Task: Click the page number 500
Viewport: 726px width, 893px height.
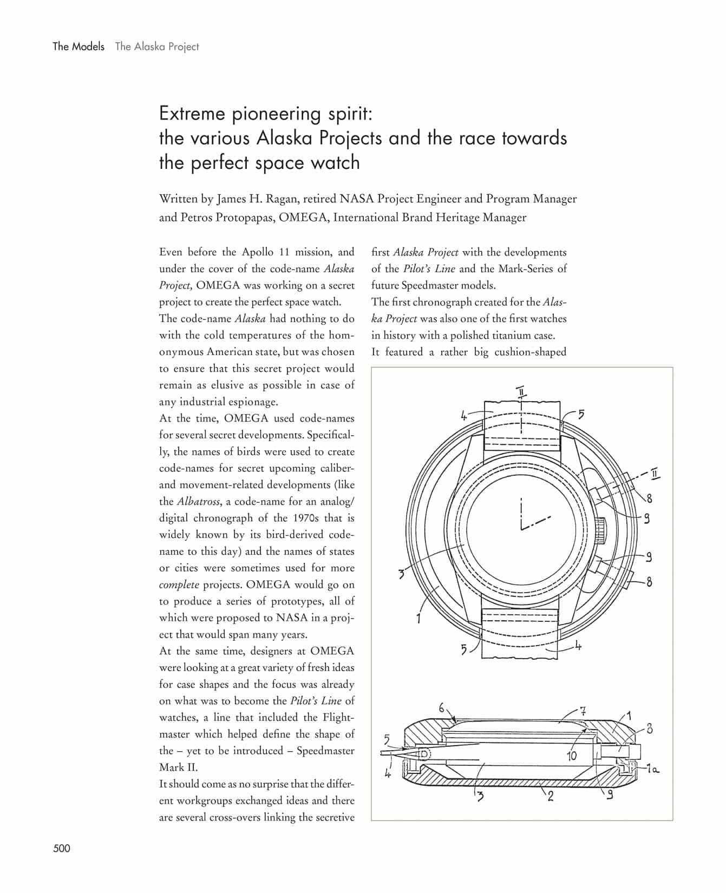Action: click(x=62, y=848)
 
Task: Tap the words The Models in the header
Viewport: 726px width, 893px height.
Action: click(x=79, y=47)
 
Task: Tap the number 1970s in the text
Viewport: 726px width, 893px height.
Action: click(x=300, y=518)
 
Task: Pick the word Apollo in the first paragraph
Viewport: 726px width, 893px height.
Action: click(x=258, y=252)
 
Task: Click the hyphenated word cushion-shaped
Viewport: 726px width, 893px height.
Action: click(x=530, y=352)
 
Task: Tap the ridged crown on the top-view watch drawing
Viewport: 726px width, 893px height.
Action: click(x=600, y=530)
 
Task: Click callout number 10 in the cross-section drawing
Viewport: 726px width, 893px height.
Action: click(x=572, y=756)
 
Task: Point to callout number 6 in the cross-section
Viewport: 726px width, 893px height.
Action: click(x=442, y=707)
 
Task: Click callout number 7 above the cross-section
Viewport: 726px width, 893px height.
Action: click(x=583, y=711)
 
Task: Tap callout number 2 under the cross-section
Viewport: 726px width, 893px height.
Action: click(x=551, y=796)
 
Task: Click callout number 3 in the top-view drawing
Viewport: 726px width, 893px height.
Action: click(x=401, y=574)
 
